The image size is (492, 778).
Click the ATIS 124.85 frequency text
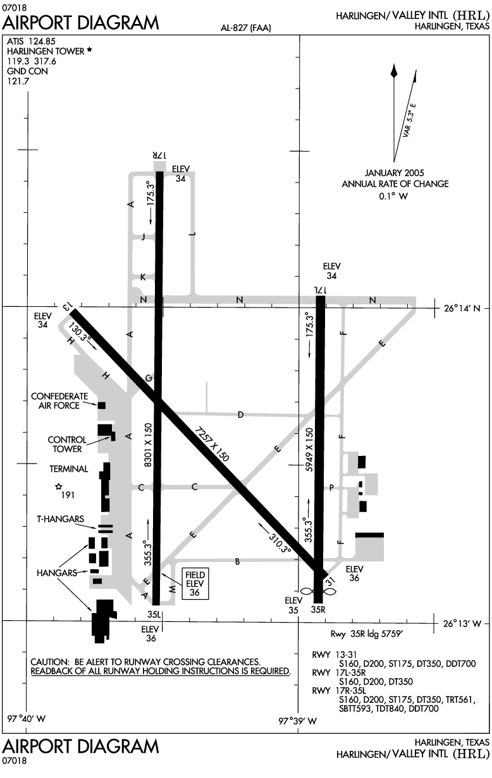pyautogui.click(x=31, y=41)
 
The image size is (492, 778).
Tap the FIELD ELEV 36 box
pyautogui.click(x=195, y=583)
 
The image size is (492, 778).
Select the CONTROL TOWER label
pyautogui.click(x=67, y=444)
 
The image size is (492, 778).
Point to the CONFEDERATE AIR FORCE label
pyautogui.click(x=59, y=401)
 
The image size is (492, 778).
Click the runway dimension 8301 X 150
pyautogui.click(x=149, y=445)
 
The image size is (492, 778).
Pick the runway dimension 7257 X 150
pyautogui.click(x=212, y=444)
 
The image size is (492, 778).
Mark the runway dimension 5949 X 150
pyautogui.click(x=309, y=450)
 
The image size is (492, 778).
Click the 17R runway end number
pyautogui.click(x=159, y=155)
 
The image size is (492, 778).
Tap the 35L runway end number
pyautogui.click(x=154, y=614)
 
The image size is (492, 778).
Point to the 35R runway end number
pyautogui.click(x=318, y=609)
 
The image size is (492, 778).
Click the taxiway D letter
pyautogui.click(x=240, y=414)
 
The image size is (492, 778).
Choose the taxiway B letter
pyautogui.click(x=238, y=561)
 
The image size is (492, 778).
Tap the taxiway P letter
pyautogui.click(x=331, y=488)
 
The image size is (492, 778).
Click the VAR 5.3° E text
pyautogui.click(x=409, y=120)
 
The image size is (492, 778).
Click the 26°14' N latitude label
pyautogui.click(x=462, y=308)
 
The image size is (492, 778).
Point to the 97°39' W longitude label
pyautogui.click(x=298, y=721)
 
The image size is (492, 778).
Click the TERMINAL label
pyautogui.click(x=68, y=469)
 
